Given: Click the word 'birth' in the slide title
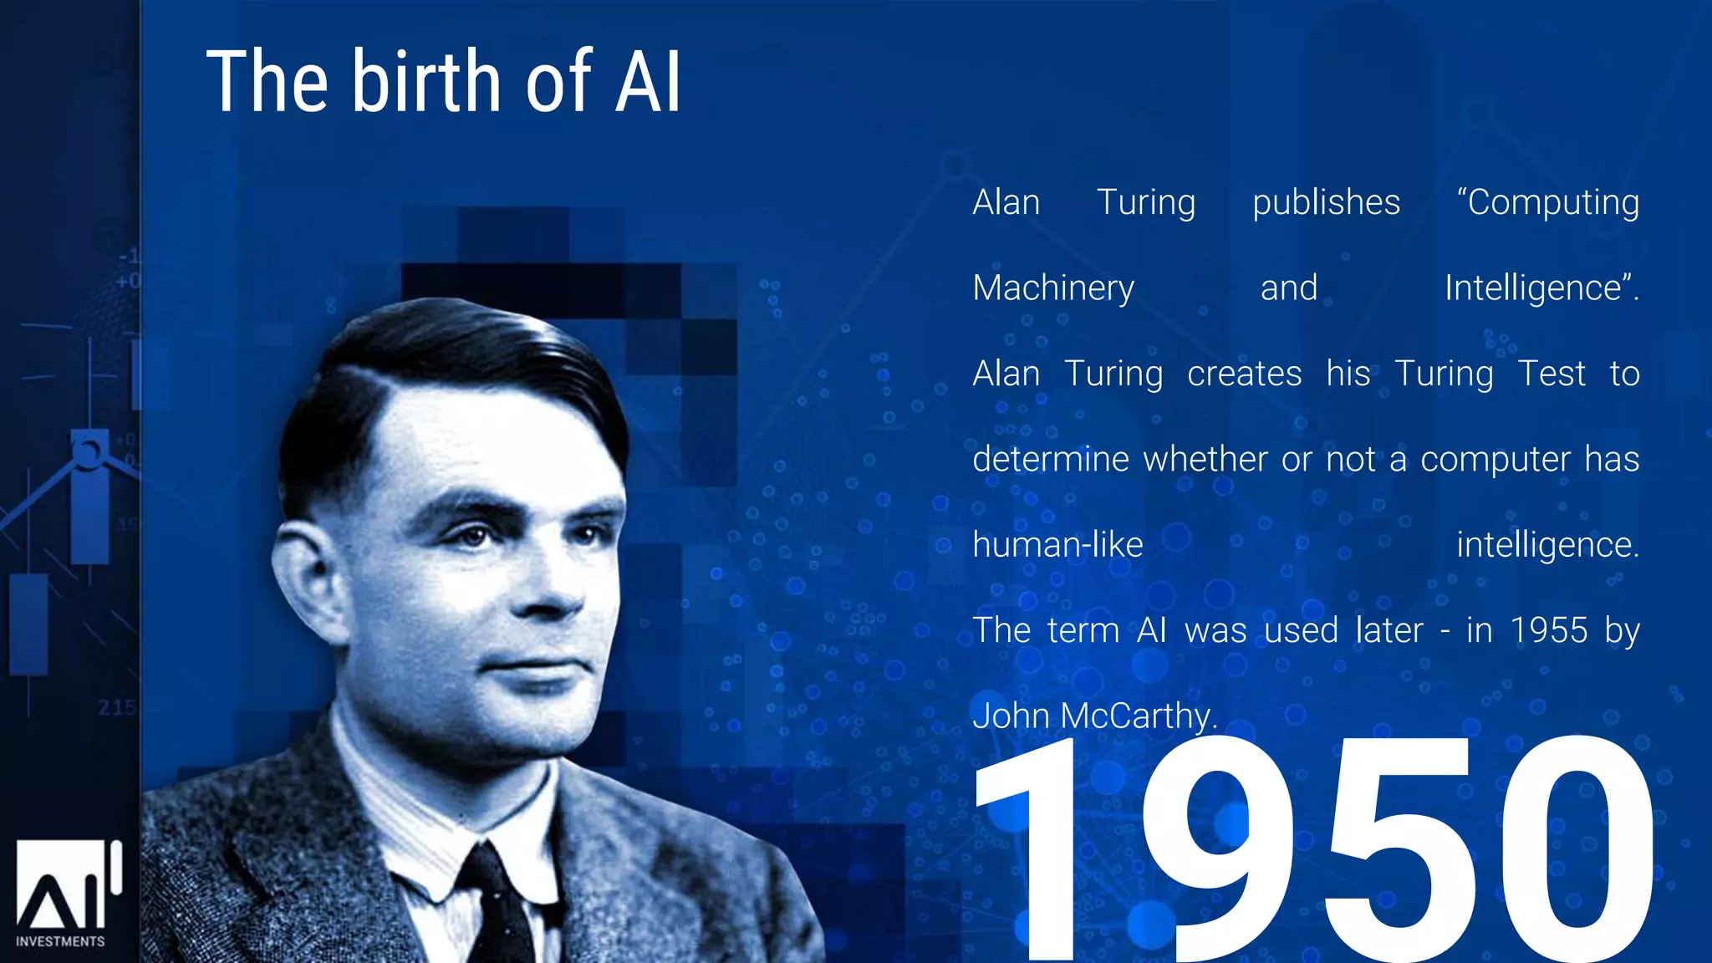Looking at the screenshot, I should click(425, 81).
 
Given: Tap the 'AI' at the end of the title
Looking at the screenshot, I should click(648, 82).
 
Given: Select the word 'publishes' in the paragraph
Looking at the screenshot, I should click(1326, 203).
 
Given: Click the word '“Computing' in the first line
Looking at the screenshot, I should click(1547, 203).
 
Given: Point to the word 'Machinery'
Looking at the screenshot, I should click(1053, 288).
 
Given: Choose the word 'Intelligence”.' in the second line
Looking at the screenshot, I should click(1541, 288).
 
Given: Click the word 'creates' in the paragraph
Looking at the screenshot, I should click(1244, 374).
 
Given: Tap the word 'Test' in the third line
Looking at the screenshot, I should click(1551, 374).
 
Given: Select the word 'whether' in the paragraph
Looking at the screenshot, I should click(1205, 460).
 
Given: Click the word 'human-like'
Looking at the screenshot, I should click(1057, 545).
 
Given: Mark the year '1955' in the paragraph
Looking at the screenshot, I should click(1549, 630).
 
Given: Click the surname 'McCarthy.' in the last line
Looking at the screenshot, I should click(1139, 716).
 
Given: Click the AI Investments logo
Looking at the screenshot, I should click(67, 886).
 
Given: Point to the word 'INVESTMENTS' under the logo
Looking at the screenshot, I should click(60, 941).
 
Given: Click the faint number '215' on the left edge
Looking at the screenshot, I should click(116, 708).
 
